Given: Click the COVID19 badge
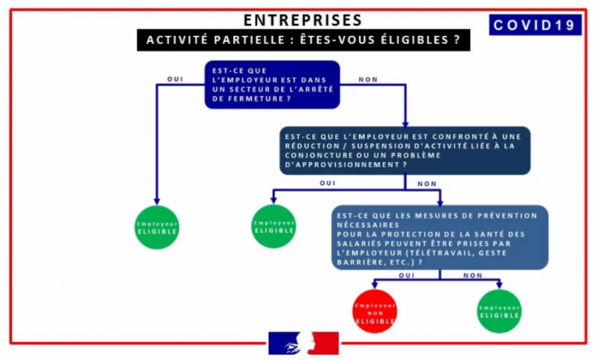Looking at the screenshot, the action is pos(535,25).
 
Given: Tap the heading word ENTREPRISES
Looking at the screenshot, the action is pos(303,20).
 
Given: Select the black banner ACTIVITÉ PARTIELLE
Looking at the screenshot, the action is pos(303,40).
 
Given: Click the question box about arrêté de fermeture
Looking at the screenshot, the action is pos(272,84).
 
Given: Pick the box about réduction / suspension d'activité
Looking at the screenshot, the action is pos(405,150).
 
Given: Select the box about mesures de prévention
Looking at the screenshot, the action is pos(440,238).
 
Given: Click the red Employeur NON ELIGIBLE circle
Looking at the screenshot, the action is pos(375,311).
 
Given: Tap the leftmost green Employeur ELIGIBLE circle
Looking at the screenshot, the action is pos(157,228).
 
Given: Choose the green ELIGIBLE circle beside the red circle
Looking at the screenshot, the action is pos(499,311).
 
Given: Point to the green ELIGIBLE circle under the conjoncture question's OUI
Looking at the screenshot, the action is pos(274,226).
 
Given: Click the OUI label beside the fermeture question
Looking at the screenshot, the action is pos(175,79).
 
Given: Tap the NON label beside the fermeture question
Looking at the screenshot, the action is pos(368,80).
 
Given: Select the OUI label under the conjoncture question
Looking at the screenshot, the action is pos(327,183).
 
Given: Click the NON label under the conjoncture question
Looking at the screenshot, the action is pos(427,184).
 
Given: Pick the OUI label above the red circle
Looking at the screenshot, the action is pos(407,276).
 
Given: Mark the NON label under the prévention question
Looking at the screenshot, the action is pos(473,276).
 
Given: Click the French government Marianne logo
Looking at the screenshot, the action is pos(303,344).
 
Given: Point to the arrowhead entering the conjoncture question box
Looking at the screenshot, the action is pos(405,124).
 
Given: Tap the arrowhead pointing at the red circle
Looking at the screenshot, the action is pos(375,285).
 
